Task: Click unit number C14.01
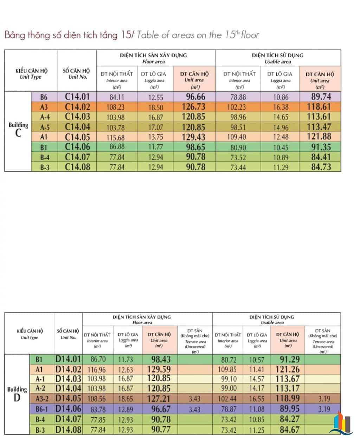click(x=77, y=97)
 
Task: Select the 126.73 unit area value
click(x=194, y=107)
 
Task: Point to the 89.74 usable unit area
click(x=321, y=97)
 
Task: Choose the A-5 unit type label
click(x=45, y=127)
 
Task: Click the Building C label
click(x=18, y=129)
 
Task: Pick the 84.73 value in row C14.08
click(x=321, y=167)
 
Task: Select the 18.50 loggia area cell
click(x=156, y=107)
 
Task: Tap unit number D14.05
click(x=68, y=398)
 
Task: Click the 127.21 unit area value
click(x=159, y=399)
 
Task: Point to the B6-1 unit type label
click(x=42, y=409)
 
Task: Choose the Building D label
click(x=17, y=394)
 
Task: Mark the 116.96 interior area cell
click(x=97, y=370)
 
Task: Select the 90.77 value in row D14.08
click(x=161, y=429)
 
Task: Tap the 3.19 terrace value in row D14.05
click(x=324, y=399)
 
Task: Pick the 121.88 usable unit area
click(x=319, y=137)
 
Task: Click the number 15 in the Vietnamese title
click(x=126, y=35)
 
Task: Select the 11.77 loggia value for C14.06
click(x=156, y=147)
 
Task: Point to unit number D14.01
click(x=68, y=359)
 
